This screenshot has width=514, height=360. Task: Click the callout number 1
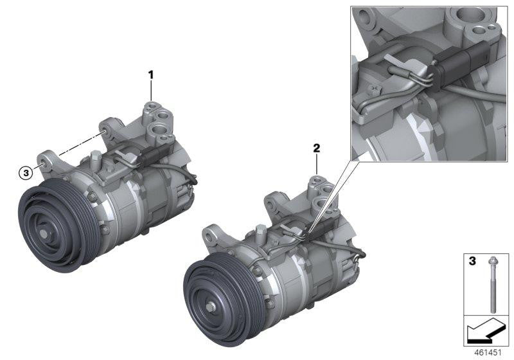tap(152, 75)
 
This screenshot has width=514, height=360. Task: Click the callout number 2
tap(316, 148)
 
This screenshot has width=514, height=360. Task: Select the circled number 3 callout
tap(25, 172)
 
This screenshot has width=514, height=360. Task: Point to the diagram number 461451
tap(489, 353)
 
